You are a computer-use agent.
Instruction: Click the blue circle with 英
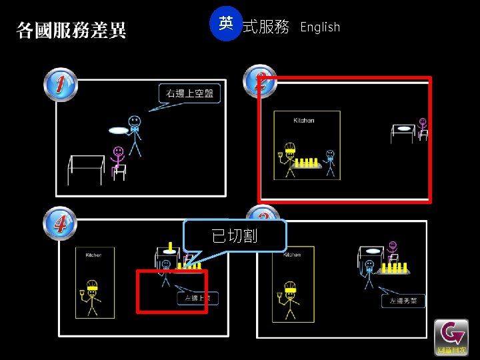click(x=226, y=24)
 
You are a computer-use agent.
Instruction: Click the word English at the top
click(x=320, y=27)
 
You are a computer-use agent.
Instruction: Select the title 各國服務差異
click(x=71, y=30)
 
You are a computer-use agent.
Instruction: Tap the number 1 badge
click(x=61, y=85)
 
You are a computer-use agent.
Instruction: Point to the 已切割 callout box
click(x=235, y=235)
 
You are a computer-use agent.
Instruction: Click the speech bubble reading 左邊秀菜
click(x=403, y=301)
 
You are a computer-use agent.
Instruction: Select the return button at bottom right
click(x=451, y=337)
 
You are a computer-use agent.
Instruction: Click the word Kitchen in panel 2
click(x=304, y=121)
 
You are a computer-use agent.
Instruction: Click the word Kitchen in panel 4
click(x=94, y=255)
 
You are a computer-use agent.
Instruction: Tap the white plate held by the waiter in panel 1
click(x=119, y=131)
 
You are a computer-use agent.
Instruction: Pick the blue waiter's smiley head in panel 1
click(x=135, y=122)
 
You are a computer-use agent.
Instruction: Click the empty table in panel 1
click(x=86, y=167)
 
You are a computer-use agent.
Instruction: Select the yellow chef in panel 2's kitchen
click(x=289, y=159)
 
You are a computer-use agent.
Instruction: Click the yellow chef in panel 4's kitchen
click(x=92, y=297)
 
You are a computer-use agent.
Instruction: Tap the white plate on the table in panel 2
click(x=403, y=127)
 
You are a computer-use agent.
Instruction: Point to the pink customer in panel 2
click(x=422, y=128)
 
